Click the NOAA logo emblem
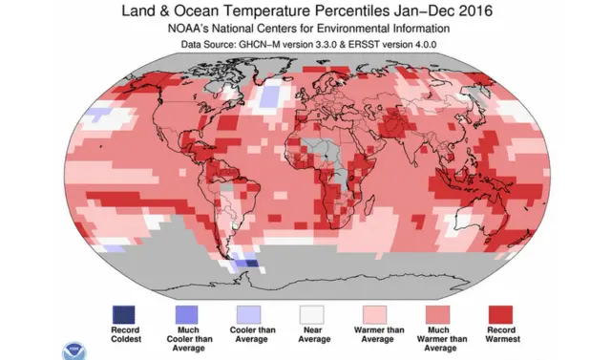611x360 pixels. tap(71, 349)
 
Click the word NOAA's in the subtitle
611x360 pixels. tap(197, 29)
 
